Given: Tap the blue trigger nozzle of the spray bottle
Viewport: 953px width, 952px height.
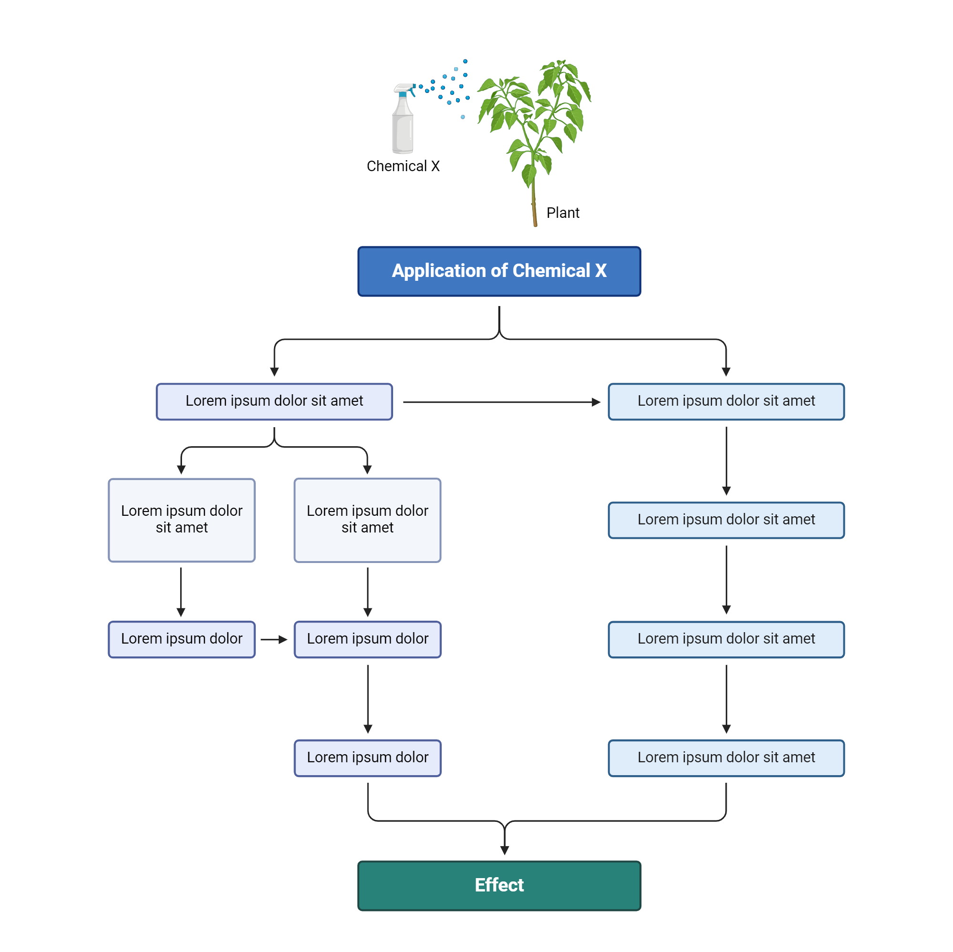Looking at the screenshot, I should point(404,94).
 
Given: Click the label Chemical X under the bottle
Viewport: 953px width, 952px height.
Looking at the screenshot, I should point(403,166).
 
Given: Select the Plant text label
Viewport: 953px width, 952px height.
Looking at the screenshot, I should point(562,213).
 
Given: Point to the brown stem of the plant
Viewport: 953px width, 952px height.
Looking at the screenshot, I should point(534,207).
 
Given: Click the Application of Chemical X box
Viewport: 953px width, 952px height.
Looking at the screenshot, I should point(499,271).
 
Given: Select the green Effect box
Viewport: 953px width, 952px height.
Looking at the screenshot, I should point(499,886).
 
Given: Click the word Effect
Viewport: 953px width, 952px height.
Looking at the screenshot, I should point(499,885).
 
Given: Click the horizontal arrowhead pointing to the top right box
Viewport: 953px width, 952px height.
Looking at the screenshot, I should point(596,402).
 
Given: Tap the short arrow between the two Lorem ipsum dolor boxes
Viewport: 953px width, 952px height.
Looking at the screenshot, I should point(274,640).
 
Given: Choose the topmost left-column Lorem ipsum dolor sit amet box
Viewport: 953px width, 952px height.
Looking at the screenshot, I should point(274,402).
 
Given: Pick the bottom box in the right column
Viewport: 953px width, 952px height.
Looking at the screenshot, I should point(726,758).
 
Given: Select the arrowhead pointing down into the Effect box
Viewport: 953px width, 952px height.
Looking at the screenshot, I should point(504,850).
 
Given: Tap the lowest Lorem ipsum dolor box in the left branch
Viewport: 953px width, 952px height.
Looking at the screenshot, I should point(367,758).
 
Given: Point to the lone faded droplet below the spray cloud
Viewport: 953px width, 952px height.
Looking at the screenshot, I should point(463,117).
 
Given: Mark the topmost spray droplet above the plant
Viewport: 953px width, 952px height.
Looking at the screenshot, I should point(465,61).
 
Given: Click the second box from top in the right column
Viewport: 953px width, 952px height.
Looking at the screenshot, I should point(726,520).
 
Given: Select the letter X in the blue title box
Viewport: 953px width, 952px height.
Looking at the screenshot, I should point(600,270).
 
